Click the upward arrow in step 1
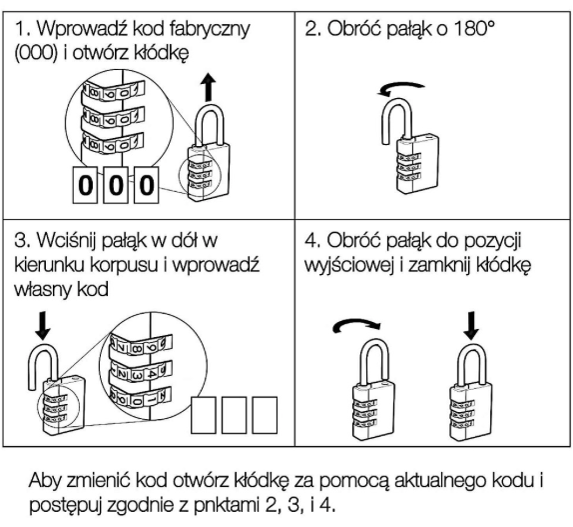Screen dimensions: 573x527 (x=209, y=87)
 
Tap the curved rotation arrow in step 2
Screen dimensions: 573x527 (x=401, y=85)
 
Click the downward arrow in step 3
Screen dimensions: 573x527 (x=43, y=325)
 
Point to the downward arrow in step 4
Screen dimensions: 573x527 (x=471, y=325)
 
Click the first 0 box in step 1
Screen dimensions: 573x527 (x=86, y=185)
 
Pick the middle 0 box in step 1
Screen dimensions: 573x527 (x=116, y=185)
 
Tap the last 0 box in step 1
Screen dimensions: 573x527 (x=147, y=185)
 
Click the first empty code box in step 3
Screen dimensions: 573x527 (x=204, y=415)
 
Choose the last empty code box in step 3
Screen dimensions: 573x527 (x=265, y=415)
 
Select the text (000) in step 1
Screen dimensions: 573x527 (x=36, y=53)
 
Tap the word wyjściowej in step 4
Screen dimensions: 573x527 (x=349, y=265)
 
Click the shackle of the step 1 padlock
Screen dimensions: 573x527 (x=210, y=124)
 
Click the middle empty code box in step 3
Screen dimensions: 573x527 (x=234, y=415)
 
